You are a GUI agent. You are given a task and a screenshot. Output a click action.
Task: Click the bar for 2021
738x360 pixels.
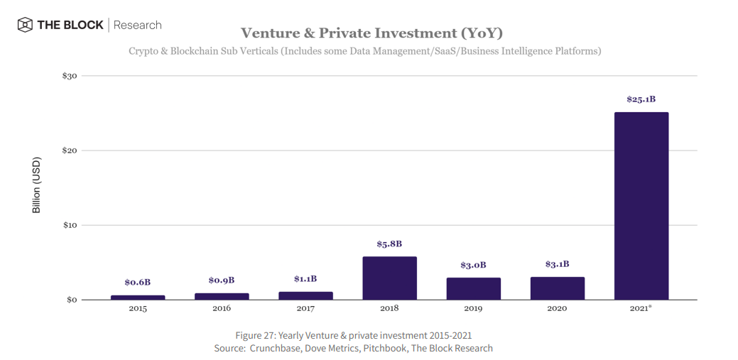(641, 206)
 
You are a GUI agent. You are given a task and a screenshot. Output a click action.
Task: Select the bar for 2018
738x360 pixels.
(389, 278)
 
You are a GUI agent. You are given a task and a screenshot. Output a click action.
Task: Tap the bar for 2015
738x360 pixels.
(138, 298)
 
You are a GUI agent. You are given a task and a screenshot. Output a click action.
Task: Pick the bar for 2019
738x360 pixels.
(473, 288)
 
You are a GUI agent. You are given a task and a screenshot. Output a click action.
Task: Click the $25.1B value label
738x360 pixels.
(641, 99)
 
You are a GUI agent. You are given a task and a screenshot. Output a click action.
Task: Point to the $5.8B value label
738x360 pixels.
(389, 244)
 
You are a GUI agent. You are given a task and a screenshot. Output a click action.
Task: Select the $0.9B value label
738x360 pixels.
(222, 280)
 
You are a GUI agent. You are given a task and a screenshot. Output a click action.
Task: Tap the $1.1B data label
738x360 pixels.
(305, 279)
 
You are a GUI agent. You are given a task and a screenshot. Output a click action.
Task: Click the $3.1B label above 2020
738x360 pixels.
(557, 264)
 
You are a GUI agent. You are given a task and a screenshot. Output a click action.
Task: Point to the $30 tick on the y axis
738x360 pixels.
(70, 76)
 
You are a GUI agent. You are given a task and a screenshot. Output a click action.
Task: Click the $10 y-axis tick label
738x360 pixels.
(70, 225)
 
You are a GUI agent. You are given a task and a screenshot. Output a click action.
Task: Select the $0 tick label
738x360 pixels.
(72, 300)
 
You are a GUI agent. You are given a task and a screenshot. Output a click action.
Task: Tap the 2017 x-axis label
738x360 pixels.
(305, 309)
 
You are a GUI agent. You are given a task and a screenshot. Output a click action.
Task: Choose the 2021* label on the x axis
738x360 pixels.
(641, 309)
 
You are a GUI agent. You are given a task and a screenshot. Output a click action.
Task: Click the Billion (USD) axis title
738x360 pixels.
(37, 185)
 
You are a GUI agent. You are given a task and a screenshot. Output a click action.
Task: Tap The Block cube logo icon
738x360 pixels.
(25, 25)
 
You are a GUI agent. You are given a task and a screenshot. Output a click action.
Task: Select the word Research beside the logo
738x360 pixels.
(137, 25)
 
